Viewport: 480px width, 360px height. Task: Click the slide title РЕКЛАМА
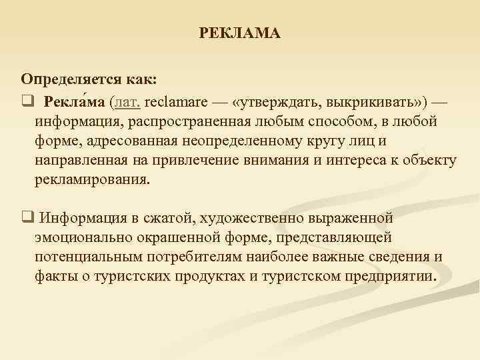tap(240, 33)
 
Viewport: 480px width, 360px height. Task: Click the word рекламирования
tap(93, 181)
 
